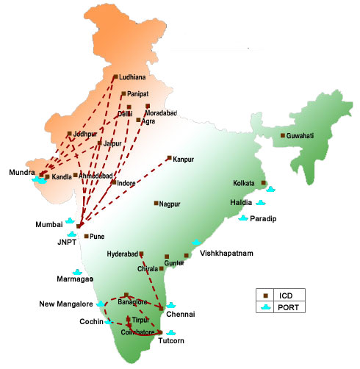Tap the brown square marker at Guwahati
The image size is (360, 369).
tap(284, 135)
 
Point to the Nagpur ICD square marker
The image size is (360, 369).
tap(156, 204)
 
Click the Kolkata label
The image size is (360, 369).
tap(243, 183)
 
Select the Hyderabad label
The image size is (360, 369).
tap(122, 254)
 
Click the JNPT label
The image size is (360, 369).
tap(68, 240)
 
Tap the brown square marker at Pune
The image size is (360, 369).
tap(87, 236)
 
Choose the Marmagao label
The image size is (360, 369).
tap(75, 279)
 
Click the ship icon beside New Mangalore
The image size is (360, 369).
tap(101, 303)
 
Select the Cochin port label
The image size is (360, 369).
tap(92, 322)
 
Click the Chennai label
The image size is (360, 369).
tap(181, 315)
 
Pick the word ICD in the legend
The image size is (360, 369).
tap(287, 294)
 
